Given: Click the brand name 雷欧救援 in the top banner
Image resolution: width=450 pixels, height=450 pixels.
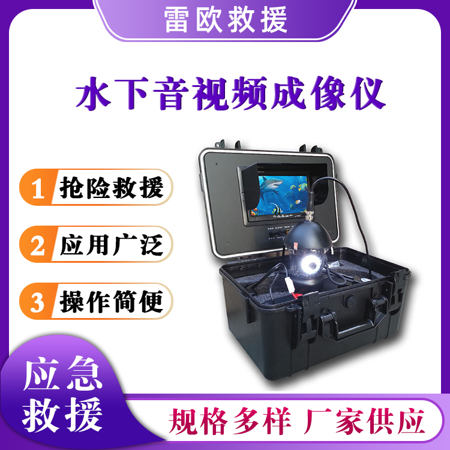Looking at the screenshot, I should coord(226,19).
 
